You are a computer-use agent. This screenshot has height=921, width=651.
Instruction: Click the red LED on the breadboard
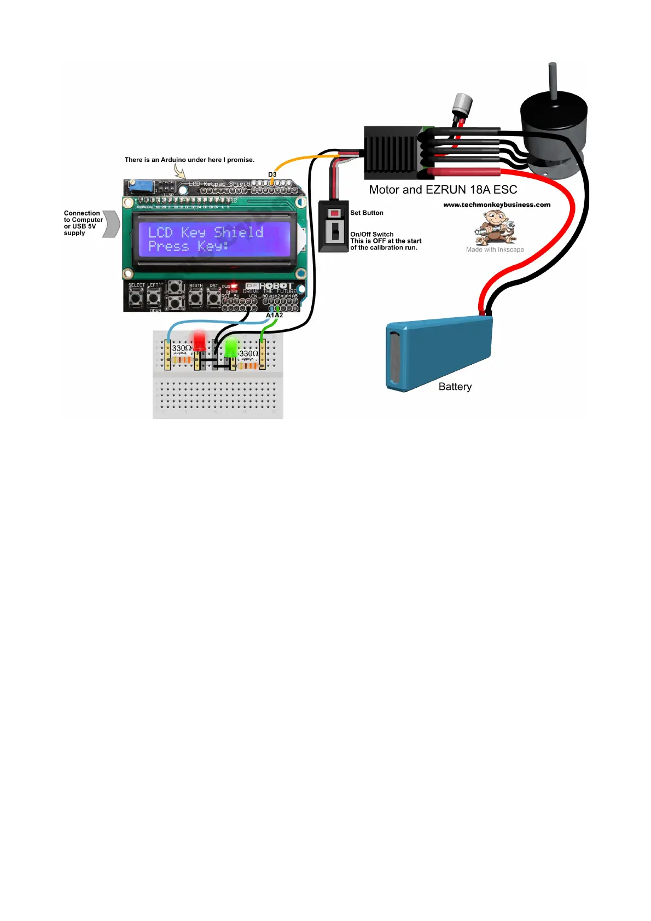click(x=200, y=340)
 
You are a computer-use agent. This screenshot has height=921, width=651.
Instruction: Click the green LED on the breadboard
click(x=231, y=346)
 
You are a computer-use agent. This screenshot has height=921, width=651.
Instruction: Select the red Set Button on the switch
click(x=334, y=212)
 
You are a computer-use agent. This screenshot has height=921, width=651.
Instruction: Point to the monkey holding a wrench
click(x=495, y=226)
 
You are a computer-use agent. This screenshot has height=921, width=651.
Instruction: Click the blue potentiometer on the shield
click(x=139, y=186)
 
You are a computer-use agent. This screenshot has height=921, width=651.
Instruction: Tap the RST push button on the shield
click(x=213, y=298)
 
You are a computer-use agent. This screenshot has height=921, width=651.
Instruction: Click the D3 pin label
click(x=272, y=174)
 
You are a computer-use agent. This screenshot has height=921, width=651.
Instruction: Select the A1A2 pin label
click(x=274, y=316)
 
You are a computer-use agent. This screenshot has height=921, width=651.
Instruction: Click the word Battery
click(x=455, y=387)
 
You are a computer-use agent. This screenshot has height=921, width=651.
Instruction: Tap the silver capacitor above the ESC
click(x=462, y=103)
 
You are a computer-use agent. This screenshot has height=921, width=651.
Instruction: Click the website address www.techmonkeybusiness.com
click(x=497, y=205)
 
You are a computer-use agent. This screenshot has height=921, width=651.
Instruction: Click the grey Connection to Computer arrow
click(x=112, y=224)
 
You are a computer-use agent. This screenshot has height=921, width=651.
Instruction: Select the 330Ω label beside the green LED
click(x=248, y=354)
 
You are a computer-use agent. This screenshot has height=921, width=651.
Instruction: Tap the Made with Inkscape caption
click(x=495, y=250)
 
